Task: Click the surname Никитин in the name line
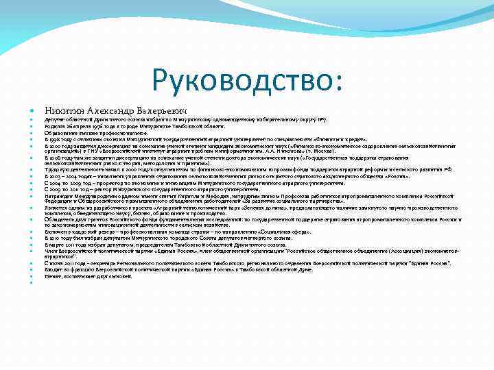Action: click(x=62, y=110)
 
